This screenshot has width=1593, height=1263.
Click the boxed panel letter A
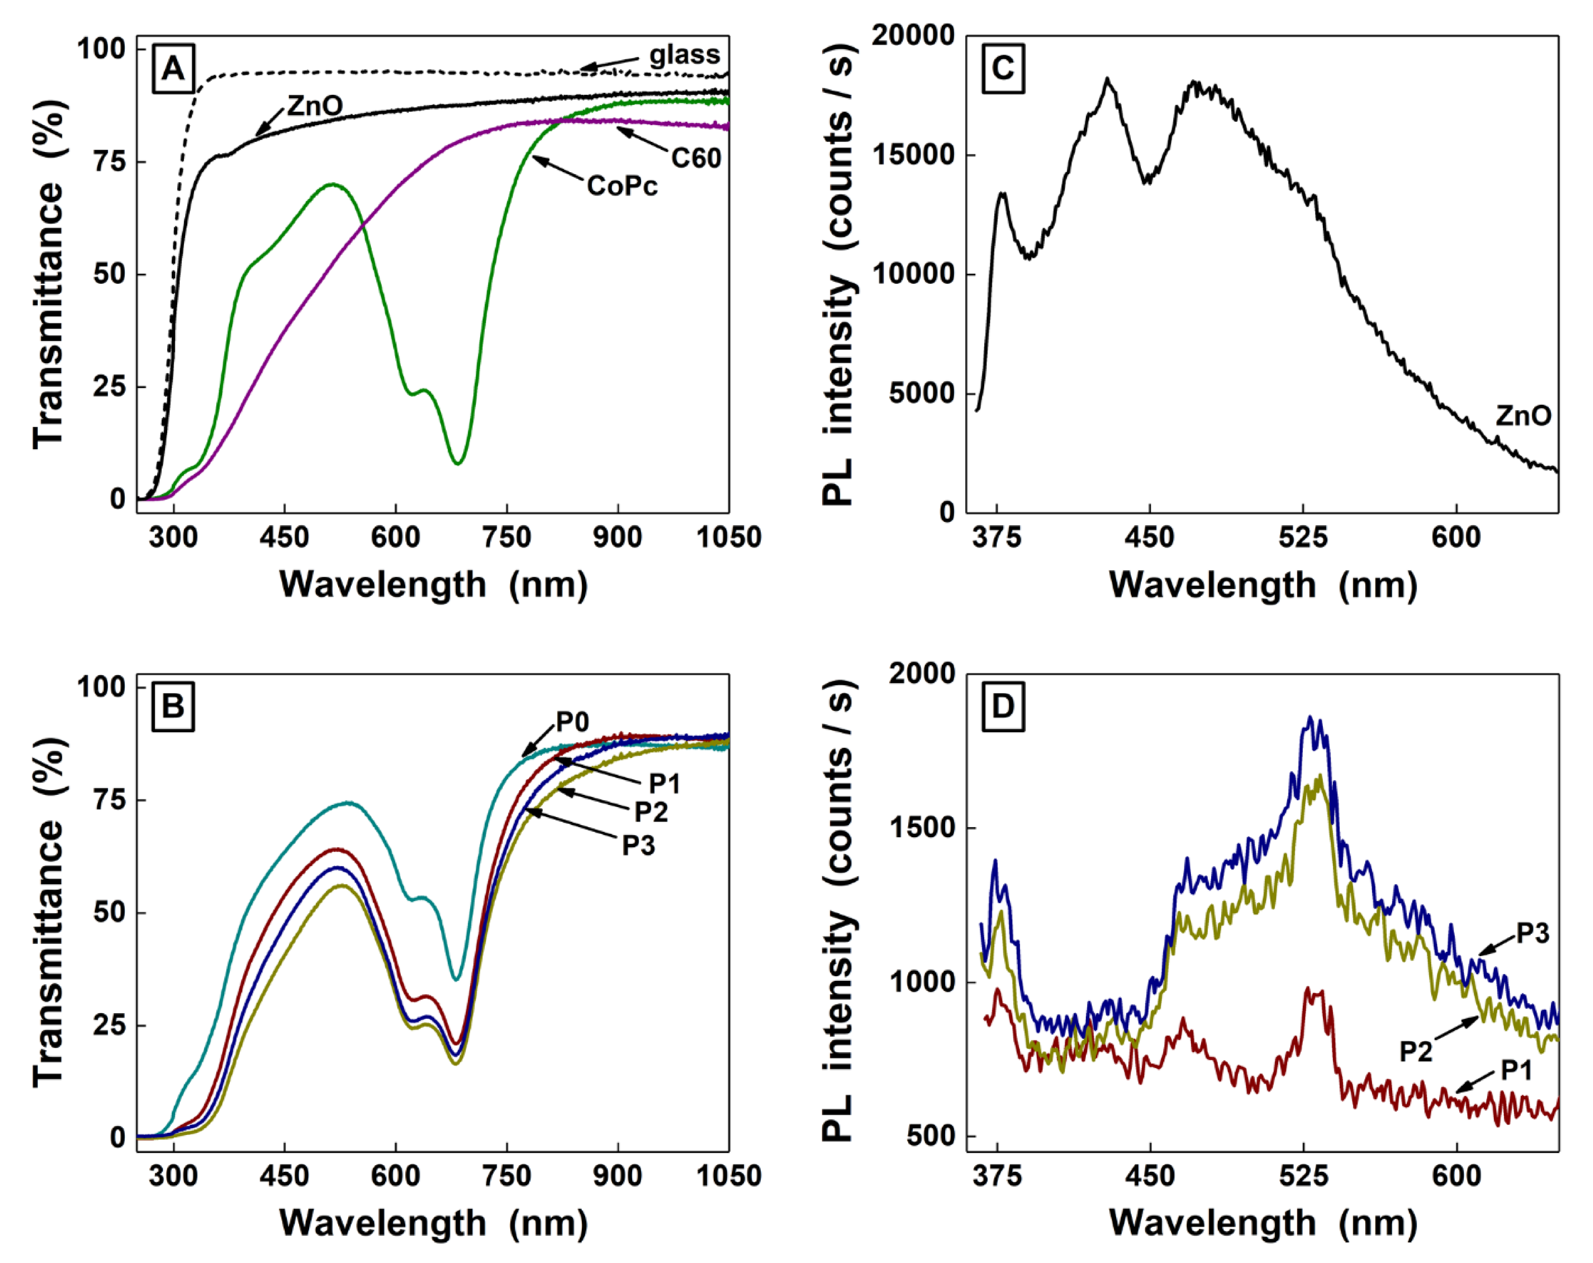(173, 69)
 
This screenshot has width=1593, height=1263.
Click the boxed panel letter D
(1003, 707)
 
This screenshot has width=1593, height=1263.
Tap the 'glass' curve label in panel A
(684, 55)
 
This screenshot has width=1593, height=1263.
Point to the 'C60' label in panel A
(695, 158)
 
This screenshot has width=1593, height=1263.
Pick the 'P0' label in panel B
(572, 722)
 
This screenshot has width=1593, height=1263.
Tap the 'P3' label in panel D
(1533, 933)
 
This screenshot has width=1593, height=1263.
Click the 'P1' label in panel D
(1516, 1070)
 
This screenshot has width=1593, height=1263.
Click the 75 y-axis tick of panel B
(109, 800)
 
